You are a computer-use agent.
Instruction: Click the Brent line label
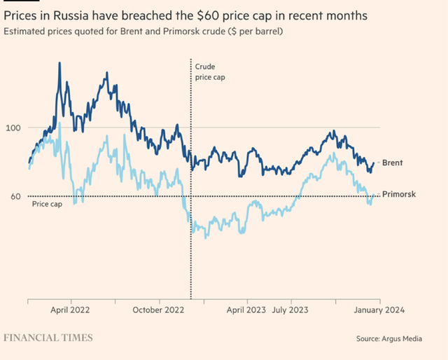pos(392,162)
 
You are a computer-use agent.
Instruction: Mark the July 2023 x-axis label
pos(290,309)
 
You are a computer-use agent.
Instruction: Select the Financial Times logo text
pos(48,338)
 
